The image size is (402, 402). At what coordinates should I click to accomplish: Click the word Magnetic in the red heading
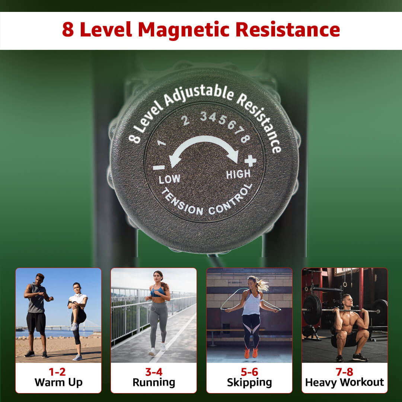coord(184,30)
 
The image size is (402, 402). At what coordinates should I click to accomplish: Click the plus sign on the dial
coord(250,161)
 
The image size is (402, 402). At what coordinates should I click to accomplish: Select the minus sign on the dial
coord(159,167)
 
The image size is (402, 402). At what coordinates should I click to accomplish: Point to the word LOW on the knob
coord(169,179)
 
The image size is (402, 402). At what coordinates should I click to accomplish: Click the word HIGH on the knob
coord(238,174)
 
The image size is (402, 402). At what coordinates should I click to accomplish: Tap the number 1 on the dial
coord(162,143)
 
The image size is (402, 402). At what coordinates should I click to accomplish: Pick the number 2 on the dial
coord(185,120)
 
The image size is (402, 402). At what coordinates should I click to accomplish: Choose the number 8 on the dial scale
coord(245,138)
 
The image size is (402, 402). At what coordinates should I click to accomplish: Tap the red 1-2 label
coord(57,372)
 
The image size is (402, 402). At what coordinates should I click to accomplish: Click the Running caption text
coord(154,383)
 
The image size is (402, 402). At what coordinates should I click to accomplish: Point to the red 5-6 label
coord(249,372)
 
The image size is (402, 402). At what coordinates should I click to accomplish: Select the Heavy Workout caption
coord(345,383)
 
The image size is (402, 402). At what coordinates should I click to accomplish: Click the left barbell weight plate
coord(313,310)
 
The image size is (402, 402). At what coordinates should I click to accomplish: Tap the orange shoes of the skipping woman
coord(251,353)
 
